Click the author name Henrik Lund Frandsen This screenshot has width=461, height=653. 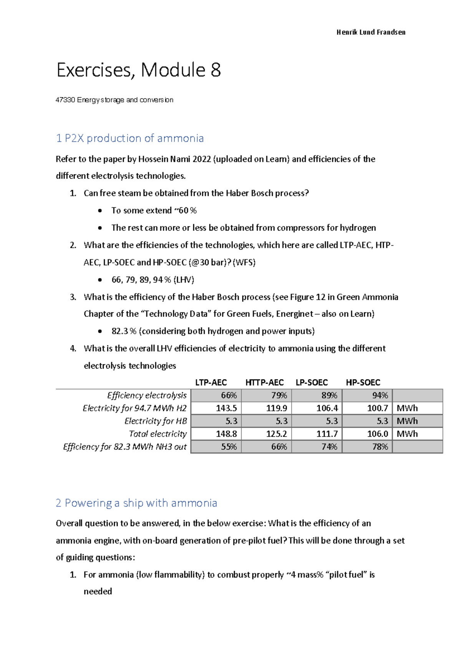tap(371, 32)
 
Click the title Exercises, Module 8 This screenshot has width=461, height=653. tap(138, 70)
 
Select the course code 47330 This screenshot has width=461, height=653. tap(65, 100)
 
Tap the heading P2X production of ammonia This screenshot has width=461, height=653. tap(130, 138)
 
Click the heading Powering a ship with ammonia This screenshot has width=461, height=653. tap(136, 503)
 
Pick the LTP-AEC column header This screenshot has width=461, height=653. tap(211, 383)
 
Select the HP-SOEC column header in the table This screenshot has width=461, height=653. tap(363, 383)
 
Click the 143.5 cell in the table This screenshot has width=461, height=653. tap(226, 408)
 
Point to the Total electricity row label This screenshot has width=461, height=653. tap(158, 434)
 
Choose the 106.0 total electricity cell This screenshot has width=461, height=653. tap(377, 434)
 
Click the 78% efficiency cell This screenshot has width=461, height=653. tap(380, 447)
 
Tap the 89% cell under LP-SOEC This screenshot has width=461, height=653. tap(329, 395)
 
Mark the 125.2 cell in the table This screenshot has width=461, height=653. tap(276, 434)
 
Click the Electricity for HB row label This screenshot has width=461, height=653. tap(156, 421)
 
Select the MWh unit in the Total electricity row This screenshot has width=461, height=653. tap(407, 434)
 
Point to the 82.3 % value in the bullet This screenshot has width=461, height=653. tap(124, 331)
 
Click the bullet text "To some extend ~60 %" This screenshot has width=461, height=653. tap(154, 210)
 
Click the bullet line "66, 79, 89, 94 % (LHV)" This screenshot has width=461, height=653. tap(153, 280)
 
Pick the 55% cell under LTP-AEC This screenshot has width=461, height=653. tap(229, 447)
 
